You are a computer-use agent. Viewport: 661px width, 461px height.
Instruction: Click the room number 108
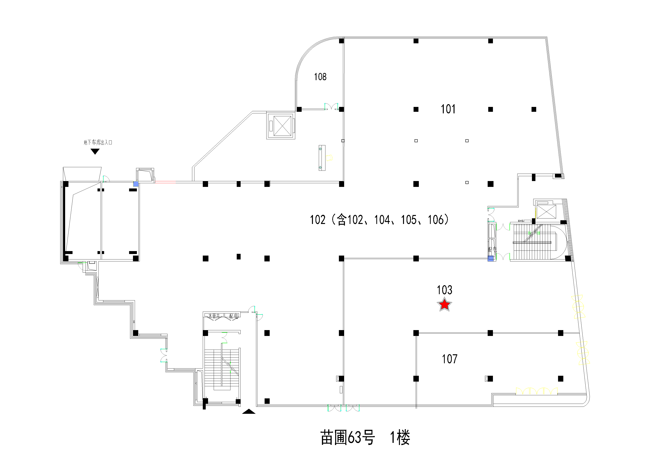click(x=320, y=77)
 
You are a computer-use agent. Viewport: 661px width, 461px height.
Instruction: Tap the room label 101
click(x=448, y=109)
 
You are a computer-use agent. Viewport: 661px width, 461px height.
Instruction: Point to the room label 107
click(x=449, y=359)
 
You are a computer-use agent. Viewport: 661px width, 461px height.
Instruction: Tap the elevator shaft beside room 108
click(x=282, y=126)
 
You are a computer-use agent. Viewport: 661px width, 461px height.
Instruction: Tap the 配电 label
click(x=233, y=316)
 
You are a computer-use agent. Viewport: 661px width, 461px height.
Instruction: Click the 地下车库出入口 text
click(x=98, y=142)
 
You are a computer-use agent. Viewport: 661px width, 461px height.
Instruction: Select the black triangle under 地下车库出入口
click(x=95, y=151)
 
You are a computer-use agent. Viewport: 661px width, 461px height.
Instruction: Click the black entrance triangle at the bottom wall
click(x=249, y=411)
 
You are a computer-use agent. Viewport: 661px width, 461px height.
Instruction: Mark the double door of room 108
click(x=331, y=107)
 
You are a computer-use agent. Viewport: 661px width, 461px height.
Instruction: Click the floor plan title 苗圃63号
click(x=348, y=438)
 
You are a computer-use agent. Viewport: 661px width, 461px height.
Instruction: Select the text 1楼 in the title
click(x=400, y=438)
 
